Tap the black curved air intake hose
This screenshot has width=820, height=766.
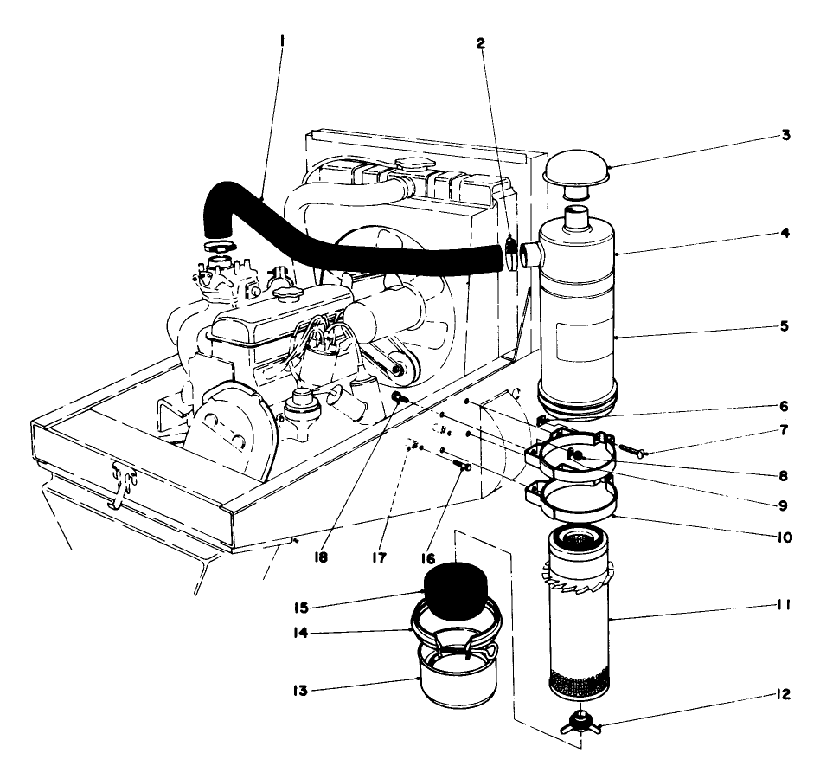point(346,234)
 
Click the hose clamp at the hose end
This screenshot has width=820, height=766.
point(511,254)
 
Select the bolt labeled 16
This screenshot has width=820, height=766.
point(460,467)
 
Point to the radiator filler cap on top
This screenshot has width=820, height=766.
point(407,164)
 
